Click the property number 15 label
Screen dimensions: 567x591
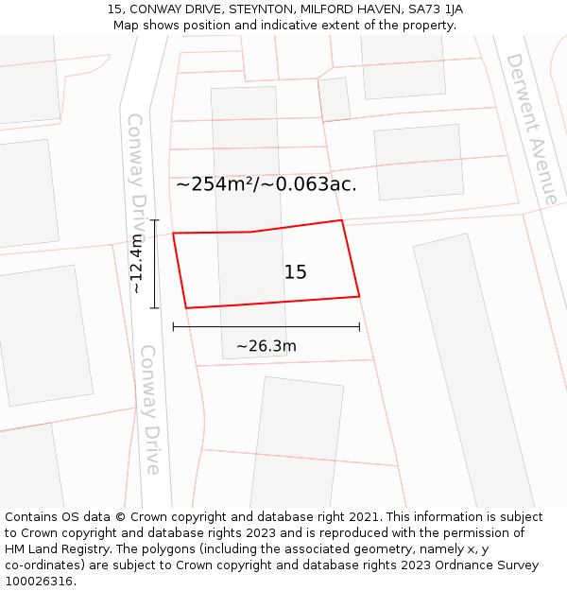295,272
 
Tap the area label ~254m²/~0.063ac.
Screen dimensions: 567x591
266,184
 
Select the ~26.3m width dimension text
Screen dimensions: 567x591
266,346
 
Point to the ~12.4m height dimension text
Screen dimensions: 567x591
137,264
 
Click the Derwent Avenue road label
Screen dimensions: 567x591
531,129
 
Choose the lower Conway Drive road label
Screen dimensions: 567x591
150,408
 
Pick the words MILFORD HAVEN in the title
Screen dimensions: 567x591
352,9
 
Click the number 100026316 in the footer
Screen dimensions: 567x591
39,582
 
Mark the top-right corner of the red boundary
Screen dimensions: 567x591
341,220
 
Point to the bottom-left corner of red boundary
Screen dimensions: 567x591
186,307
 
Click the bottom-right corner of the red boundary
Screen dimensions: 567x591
359,297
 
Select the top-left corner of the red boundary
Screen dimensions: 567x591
173,233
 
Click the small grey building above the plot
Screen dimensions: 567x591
335,99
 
